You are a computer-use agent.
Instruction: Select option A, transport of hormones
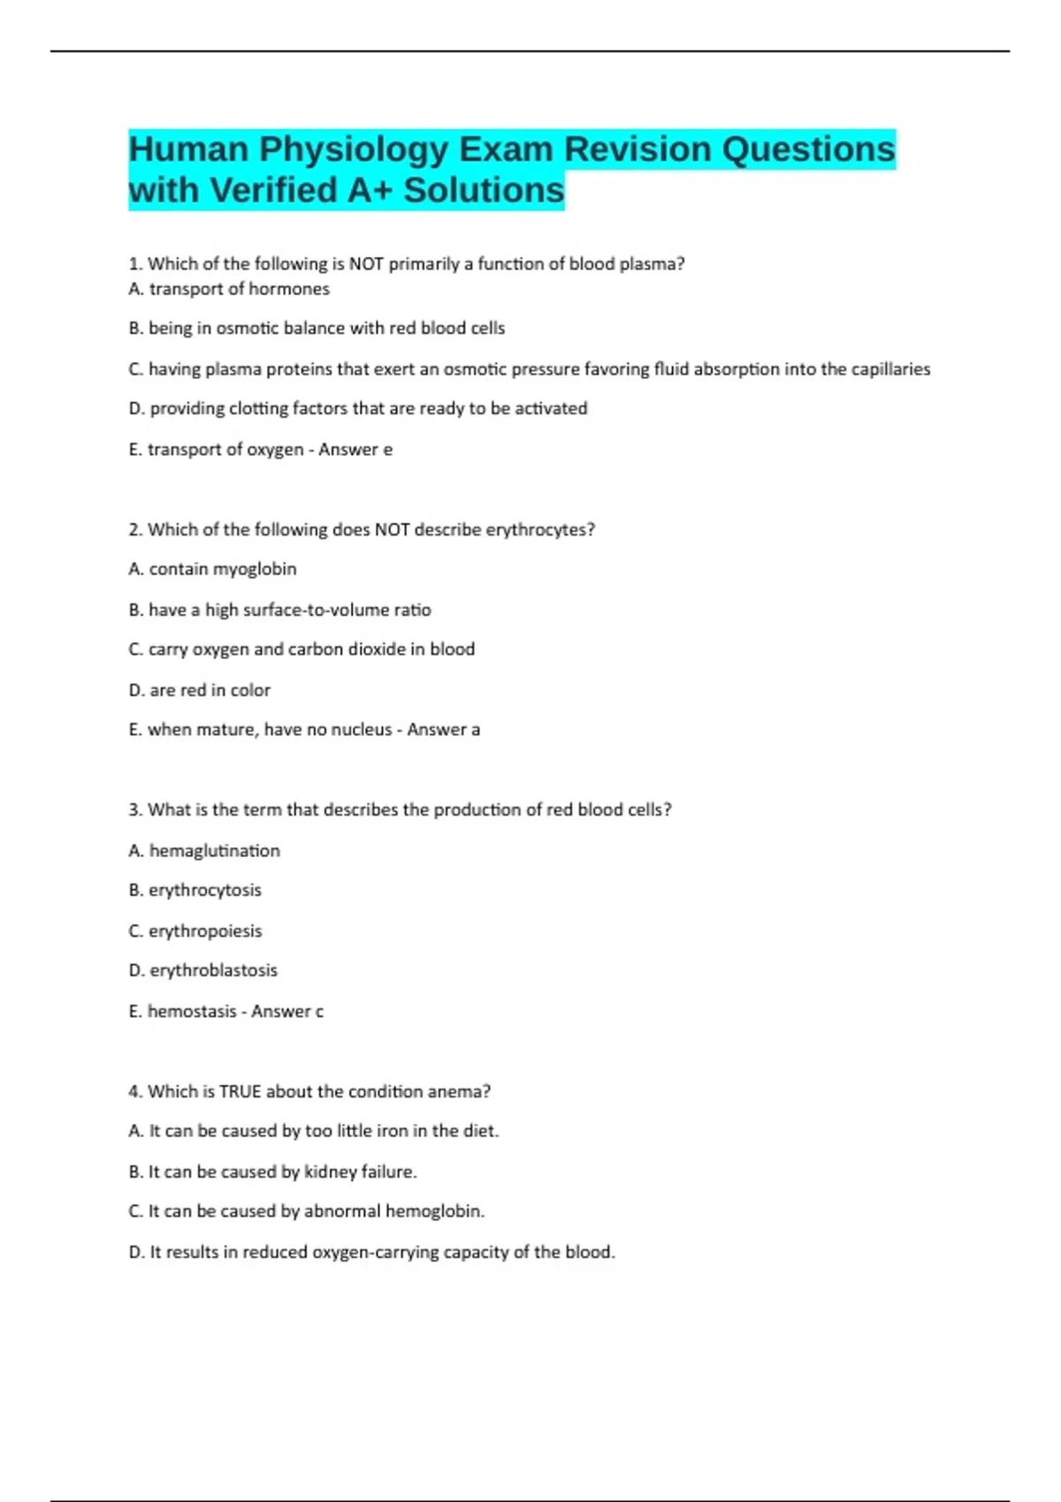point(229,289)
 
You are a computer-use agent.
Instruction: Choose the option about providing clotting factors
point(358,408)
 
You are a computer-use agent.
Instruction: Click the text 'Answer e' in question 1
point(355,450)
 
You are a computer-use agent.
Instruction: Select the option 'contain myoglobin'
point(212,569)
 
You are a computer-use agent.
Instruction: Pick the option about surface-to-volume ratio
point(280,610)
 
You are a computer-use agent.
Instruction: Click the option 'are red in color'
point(200,690)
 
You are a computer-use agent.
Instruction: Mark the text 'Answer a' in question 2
point(443,730)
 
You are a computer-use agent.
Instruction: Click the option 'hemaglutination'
point(204,851)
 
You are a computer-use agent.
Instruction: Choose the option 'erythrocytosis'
point(195,890)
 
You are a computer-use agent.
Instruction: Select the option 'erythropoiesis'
point(195,931)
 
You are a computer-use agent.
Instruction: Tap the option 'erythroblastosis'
point(203,970)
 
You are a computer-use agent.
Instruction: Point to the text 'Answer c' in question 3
point(287,1012)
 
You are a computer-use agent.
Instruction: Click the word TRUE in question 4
point(240,1092)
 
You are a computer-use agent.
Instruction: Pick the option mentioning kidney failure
point(272,1172)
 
